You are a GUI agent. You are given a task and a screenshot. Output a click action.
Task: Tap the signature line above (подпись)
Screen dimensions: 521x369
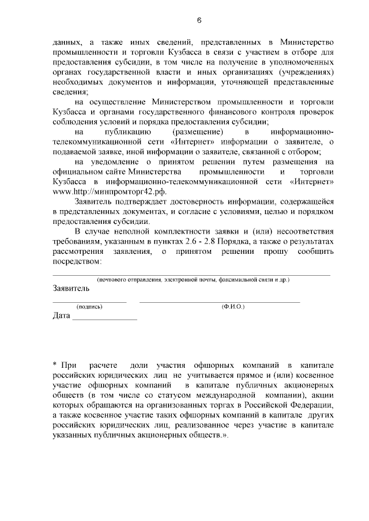pyautogui.click(x=89, y=302)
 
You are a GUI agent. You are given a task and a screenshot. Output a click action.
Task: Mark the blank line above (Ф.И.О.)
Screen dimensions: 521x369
pyautogui.click(x=220, y=302)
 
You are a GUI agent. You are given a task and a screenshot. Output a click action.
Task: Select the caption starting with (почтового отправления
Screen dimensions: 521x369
pyautogui.click(x=193, y=279)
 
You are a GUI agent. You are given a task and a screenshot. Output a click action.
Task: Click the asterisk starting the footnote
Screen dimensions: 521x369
pyautogui.click(x=54, y=365)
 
